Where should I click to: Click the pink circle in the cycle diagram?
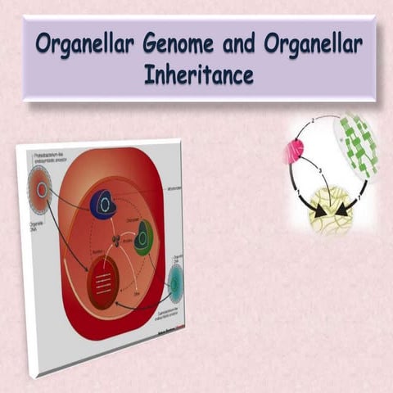pos(294,151)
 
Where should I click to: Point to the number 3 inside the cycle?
pos(321,170)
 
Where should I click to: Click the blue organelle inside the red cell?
pos(104,203)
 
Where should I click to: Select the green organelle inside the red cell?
pos(143,237)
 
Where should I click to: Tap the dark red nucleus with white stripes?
pos(102,283)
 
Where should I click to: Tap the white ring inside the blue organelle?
pos(105,201)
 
